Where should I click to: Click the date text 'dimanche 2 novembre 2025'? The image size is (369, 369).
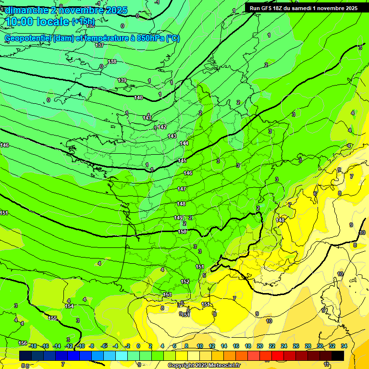66,10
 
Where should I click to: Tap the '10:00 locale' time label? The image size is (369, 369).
37,22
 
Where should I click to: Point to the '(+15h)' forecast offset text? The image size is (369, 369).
84,22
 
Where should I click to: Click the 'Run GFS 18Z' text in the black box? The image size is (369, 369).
267,8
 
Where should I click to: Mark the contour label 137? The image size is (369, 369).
99,45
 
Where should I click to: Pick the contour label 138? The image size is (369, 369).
112,61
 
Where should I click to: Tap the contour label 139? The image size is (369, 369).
122,80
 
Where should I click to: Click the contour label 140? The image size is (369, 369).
138,98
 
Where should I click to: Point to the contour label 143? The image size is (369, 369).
172,136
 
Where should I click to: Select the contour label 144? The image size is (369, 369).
184,144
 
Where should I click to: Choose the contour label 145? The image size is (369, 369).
182,160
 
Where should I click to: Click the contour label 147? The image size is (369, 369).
182,189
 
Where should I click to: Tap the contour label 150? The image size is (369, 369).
182,232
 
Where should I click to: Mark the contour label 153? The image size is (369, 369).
167,295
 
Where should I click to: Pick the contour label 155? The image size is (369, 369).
52,318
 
